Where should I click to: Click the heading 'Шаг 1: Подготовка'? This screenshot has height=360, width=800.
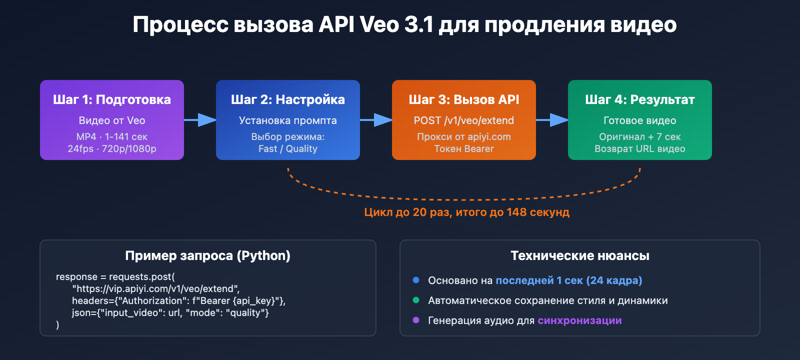[x=112, y=99]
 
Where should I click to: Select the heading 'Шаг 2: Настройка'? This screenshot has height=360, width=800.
[x=288, y=99]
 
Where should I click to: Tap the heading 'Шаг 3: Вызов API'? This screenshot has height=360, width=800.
[x=464, y=99]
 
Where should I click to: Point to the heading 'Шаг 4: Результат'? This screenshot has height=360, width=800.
[x=640, y=99]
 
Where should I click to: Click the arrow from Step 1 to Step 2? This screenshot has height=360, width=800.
[x=200, y=120]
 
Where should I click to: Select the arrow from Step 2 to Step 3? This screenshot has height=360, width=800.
[x=376, y=120]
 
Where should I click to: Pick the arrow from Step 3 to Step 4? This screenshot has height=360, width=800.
[x=552, y=120]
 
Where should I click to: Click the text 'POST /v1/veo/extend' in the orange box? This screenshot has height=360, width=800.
[x=464, y=120]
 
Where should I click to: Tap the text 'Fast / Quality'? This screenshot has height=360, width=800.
[x=288, y=148]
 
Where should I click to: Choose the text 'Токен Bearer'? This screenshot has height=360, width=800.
[x=464, y=148]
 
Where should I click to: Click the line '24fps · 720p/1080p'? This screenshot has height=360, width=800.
[x=112, y=148]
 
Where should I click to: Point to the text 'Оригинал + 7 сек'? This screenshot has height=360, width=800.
[x=640, y=136]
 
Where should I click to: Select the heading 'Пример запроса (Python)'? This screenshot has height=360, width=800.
[x=208, y=255]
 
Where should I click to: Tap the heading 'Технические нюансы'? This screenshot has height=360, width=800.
[x=580, y=255]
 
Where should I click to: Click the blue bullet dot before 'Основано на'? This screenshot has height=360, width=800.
[x=416, y=280]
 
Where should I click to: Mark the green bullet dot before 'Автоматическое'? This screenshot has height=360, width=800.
[x=416, y=300]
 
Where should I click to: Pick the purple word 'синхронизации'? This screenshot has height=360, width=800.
[x=579, y=320]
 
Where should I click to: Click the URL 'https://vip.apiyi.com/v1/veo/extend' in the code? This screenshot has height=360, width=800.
[x=156, y=288]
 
